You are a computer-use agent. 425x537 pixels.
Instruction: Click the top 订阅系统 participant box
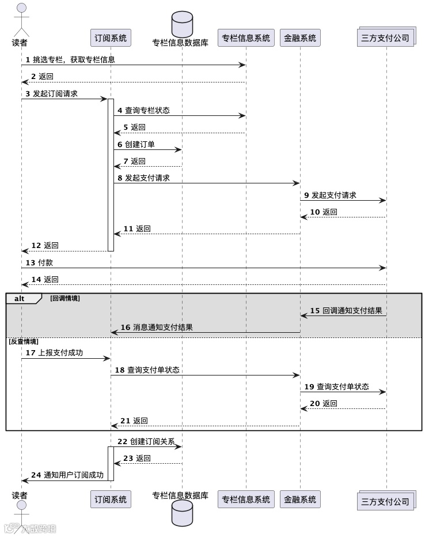(111, 38)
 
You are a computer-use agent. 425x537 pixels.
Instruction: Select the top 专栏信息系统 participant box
(246, 38)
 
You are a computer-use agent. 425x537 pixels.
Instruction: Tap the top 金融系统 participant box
(300, 38)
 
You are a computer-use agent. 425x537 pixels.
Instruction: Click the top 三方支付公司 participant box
(386, 38)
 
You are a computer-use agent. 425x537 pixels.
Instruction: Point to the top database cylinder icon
(182, 24)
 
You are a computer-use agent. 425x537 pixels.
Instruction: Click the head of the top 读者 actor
(21, 8)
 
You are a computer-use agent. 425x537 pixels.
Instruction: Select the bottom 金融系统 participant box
(300, 500)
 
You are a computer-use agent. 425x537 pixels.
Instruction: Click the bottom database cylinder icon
(182, 513)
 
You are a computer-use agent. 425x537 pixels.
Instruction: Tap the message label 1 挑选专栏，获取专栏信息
(70, 59)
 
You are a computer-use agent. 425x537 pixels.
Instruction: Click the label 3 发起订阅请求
(51, 93)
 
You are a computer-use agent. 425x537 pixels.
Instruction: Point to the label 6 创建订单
(136, 144)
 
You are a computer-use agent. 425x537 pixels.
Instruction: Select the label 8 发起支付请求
(143, 178)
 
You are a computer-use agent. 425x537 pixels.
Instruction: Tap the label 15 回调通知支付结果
(346, 310)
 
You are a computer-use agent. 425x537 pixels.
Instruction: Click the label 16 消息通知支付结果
(157, 327)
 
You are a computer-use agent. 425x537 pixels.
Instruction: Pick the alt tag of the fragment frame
(20, 299)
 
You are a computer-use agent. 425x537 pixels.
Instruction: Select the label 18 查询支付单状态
(147, 370)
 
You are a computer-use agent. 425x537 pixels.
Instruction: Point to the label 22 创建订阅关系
(146, 441)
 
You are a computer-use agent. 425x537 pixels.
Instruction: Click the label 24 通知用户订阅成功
(67, 475)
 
